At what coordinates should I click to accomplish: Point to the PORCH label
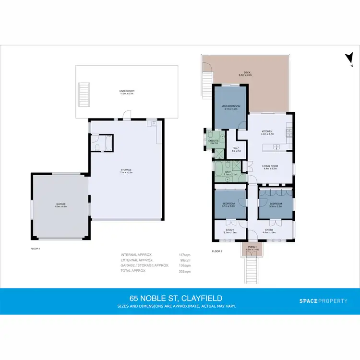click(252, 248)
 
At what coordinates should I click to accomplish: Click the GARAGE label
click(60, 205)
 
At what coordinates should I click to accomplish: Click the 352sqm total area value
click(185, 271)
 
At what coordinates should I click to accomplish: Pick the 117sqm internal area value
click(185, 254)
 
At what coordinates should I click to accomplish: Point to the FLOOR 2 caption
click(217, 251)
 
